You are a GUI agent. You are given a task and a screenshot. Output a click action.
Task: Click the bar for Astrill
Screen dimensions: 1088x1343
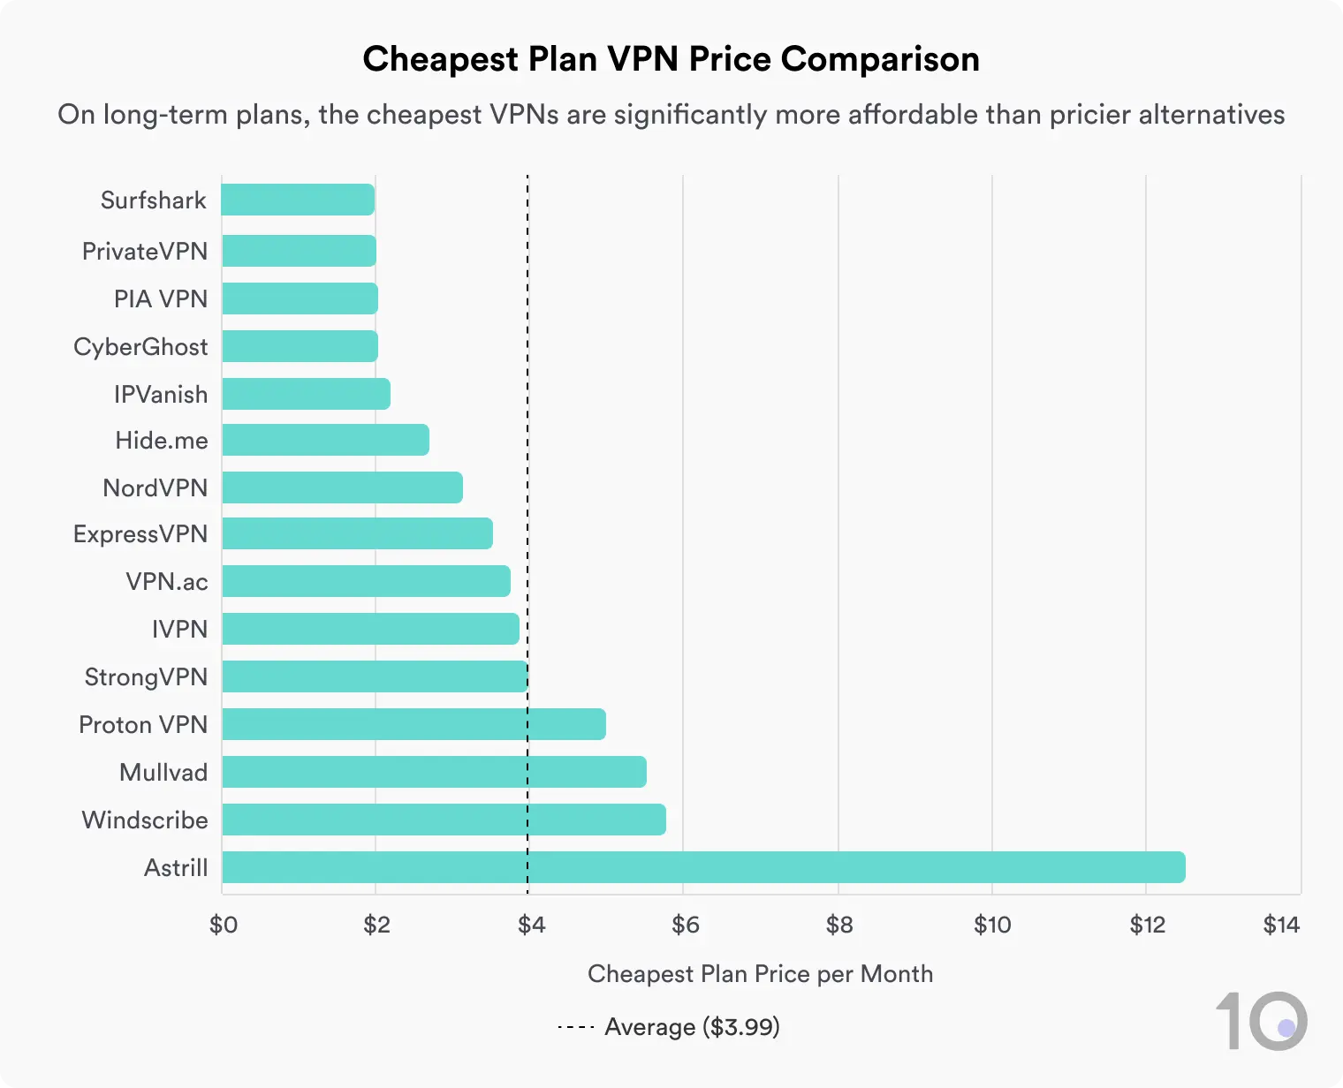703,867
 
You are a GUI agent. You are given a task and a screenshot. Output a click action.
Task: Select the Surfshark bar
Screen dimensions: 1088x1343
298,200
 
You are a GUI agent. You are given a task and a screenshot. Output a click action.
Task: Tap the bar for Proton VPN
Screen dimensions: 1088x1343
414,724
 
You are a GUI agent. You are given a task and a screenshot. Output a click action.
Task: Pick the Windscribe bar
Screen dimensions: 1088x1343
444,820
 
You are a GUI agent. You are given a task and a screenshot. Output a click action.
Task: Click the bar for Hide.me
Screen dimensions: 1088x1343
325,440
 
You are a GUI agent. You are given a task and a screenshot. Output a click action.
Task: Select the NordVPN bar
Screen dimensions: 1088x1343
342,487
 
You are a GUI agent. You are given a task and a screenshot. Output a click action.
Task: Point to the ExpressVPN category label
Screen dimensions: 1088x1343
140,534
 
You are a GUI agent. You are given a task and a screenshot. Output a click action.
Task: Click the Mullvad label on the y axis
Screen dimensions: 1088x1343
163,773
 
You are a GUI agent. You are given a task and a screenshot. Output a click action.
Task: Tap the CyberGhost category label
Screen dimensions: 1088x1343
140,347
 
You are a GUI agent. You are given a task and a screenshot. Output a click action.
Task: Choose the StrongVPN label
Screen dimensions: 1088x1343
146,677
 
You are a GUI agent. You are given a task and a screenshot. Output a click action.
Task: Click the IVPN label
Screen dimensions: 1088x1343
179,630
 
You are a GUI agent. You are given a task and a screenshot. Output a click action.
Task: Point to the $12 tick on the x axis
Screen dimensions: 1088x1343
1147,925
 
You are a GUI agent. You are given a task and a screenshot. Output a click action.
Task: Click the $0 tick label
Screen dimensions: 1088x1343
224,925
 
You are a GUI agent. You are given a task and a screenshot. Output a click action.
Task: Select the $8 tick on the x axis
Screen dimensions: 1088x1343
838,925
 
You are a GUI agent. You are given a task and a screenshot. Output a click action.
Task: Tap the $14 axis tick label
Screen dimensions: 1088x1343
1280,925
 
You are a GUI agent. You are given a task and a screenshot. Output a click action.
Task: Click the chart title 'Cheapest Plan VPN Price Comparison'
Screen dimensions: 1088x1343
671,59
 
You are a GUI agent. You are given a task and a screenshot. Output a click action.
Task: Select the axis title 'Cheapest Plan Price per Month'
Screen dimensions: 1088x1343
760,974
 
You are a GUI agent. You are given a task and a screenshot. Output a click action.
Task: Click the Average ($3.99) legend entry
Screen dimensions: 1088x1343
670,1027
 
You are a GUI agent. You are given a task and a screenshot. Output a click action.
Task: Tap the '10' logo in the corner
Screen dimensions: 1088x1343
1261,1022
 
